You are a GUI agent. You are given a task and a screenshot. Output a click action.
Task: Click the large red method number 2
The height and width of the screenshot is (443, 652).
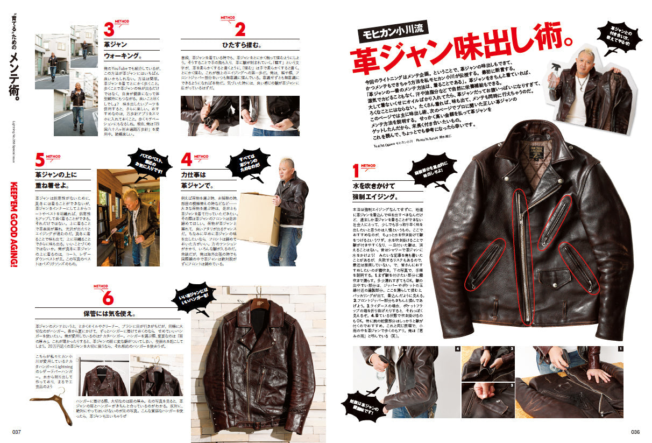pos(240,29)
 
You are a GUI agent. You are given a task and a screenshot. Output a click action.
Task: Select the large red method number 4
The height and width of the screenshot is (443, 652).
pos(187,160)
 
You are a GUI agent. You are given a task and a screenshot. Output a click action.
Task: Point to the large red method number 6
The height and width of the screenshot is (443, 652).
pos(106,297)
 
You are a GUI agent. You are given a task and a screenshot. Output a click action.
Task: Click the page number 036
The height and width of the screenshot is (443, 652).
pos(635,431)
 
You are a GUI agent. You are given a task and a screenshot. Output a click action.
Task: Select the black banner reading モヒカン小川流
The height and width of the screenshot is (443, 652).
pos(393,33)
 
